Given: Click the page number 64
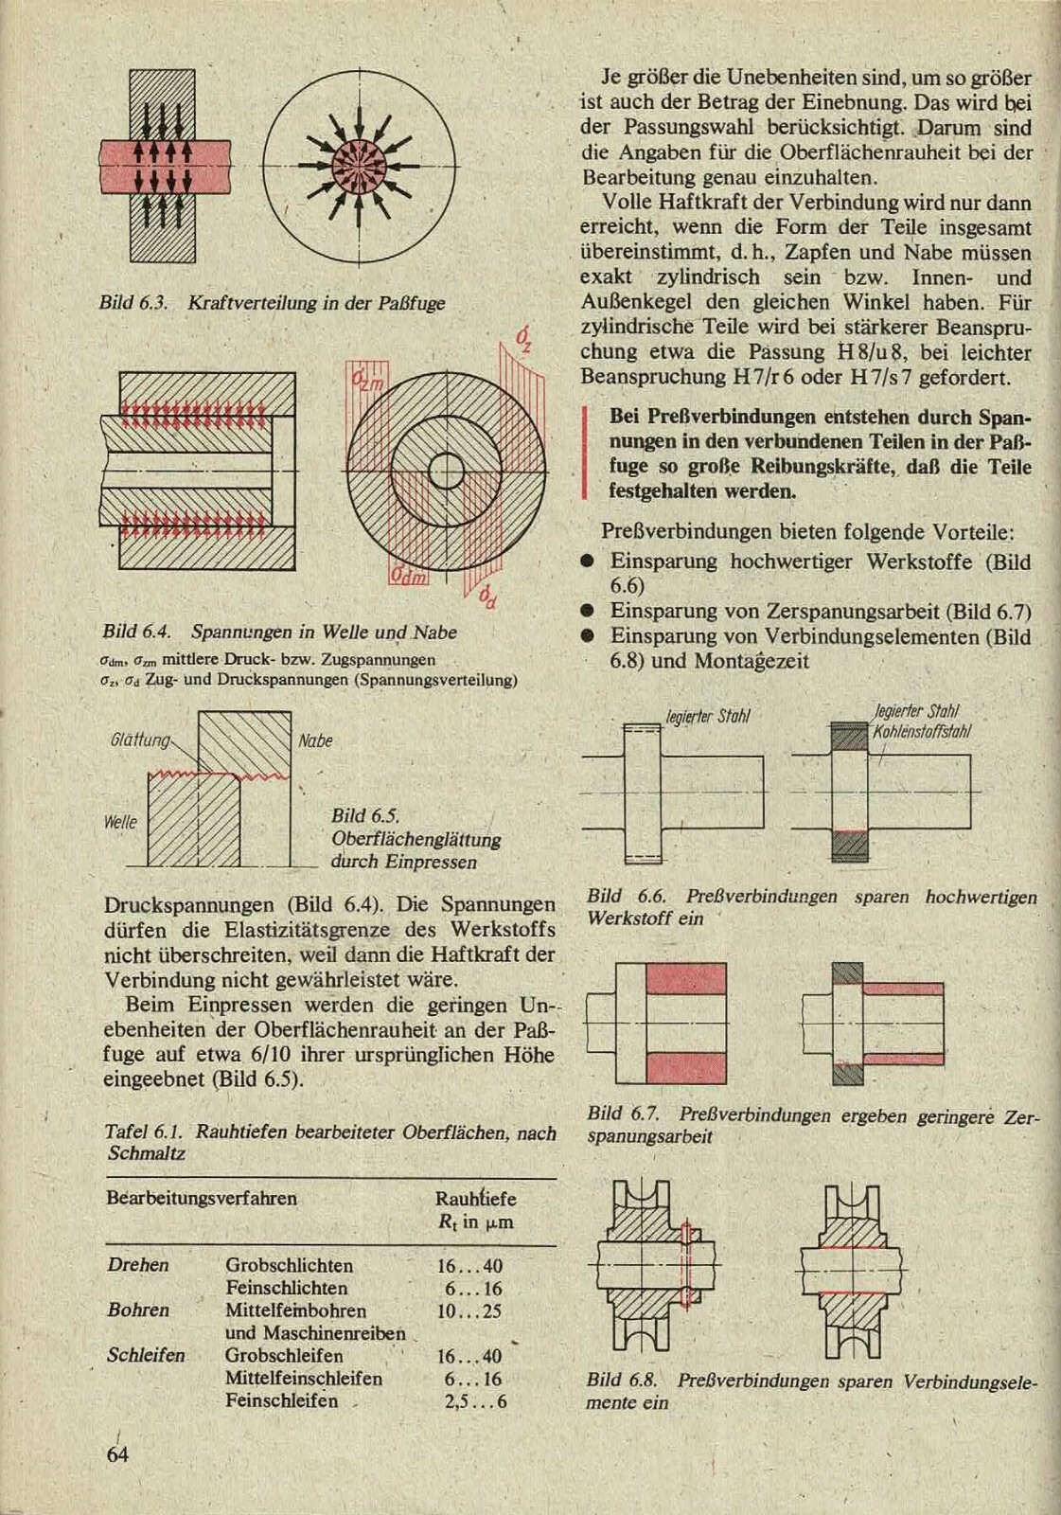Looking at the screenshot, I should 117,1454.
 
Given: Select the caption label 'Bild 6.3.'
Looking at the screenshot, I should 133,304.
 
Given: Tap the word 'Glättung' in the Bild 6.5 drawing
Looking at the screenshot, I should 139,740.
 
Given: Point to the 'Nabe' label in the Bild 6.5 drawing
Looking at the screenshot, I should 315,740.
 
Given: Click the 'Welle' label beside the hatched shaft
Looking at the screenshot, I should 120,822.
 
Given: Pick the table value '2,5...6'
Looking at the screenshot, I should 475,1401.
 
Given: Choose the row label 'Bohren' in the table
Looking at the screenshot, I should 138,1310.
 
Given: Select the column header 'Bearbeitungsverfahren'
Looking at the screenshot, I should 202,1199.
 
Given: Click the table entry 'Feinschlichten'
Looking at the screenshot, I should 286,1289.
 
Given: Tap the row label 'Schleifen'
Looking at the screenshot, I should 146,1356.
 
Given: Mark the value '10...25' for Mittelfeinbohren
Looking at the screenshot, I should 470,1311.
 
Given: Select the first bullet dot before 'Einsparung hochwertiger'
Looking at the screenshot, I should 588,561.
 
